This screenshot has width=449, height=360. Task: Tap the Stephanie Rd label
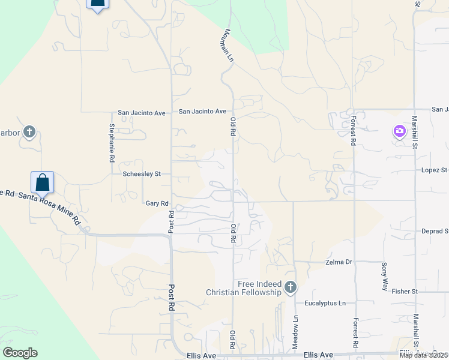point(112,143)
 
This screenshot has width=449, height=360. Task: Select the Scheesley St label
point(142,174)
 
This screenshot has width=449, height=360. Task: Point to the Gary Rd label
point(157,203)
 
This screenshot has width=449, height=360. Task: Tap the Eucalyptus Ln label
point(325,304)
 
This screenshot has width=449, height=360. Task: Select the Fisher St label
point(405,292)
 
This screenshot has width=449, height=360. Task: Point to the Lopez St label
point(435,170)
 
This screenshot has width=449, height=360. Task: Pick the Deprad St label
point(435,231)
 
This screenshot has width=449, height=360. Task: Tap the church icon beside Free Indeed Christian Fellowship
point(291,287)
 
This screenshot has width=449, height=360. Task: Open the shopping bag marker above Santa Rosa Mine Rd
point(43,182)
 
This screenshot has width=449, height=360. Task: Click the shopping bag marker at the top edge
point(98,3)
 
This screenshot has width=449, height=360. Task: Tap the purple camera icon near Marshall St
point(400,130)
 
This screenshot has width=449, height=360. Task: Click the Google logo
point(20,353)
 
